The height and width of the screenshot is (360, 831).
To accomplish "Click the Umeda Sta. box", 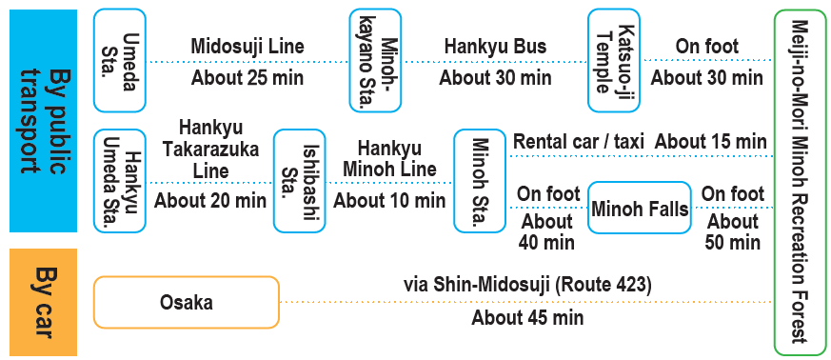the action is click(120, 60).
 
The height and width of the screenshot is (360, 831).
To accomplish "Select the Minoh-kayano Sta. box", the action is click(375, 60).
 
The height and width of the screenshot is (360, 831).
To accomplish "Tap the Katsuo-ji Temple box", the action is click(614, 60).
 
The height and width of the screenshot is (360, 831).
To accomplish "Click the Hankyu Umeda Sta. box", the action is click(120, 181).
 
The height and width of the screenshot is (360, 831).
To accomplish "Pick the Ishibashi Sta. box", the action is click(300, 181).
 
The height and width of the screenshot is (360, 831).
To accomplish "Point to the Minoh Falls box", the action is click(640, 208).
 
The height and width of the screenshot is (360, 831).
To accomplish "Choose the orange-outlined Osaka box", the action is click(186, 302).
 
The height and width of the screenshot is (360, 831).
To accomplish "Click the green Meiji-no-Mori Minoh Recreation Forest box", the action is click(800, 182).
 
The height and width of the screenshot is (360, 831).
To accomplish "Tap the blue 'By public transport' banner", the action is click(44, 121).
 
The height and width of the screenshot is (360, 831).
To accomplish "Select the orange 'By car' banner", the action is click(44, 302).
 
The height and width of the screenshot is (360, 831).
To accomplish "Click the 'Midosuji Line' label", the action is click(247, 46).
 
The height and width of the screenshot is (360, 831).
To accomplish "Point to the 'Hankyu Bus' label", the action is click(495, 46).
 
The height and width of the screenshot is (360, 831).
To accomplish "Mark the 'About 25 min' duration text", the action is click(247, 78).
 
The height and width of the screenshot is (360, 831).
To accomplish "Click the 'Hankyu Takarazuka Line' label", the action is click(210, 149).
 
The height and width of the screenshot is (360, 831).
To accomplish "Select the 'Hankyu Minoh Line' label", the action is click(389, 158).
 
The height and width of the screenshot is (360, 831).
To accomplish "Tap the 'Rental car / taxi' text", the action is click(580, 142).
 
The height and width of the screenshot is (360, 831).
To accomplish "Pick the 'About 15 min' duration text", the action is click(711, 142).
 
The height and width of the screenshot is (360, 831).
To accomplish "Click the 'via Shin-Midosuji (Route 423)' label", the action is click(527, 286).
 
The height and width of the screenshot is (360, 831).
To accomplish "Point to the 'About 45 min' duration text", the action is click(527, 317).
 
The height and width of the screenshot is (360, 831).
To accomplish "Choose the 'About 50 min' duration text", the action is click(733, 231).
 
